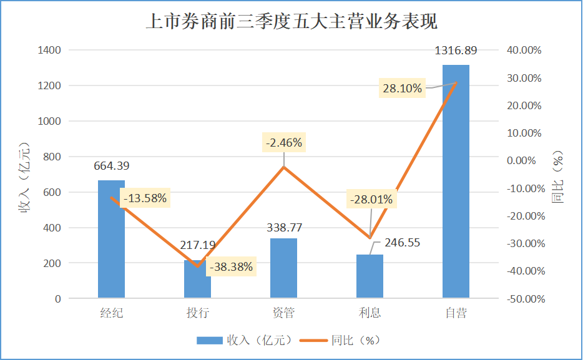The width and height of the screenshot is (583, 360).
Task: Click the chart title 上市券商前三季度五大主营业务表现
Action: [291, 22]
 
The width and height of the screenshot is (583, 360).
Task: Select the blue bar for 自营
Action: [456, 187]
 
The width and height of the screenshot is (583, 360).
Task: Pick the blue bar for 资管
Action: [283, 268]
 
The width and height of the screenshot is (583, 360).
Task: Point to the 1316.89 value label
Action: [456, 51]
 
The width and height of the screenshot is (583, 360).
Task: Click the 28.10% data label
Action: [403, 89]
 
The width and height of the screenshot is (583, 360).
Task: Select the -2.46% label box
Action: [284, 143]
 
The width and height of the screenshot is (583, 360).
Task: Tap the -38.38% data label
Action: [232, 267]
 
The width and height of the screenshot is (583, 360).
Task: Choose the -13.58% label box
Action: [145, 199]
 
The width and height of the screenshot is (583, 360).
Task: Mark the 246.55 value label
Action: [403, 243]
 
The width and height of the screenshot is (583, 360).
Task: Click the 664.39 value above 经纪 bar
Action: [112, 166]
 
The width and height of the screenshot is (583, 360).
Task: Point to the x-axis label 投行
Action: [197, 313]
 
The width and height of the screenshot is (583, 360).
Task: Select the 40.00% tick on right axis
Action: [525, 50]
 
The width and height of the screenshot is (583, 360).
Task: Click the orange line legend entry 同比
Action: [340, 340]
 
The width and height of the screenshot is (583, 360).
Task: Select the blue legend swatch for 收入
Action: [210, 340]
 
